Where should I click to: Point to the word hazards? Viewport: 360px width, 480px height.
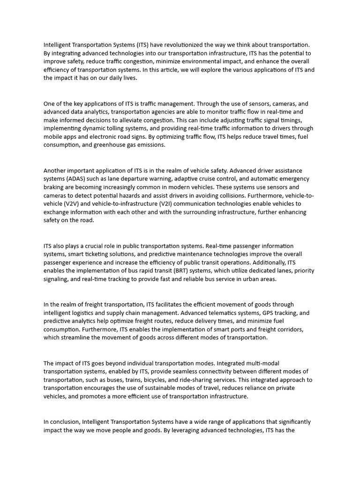138,195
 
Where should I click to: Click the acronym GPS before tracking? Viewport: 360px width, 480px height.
262,313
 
